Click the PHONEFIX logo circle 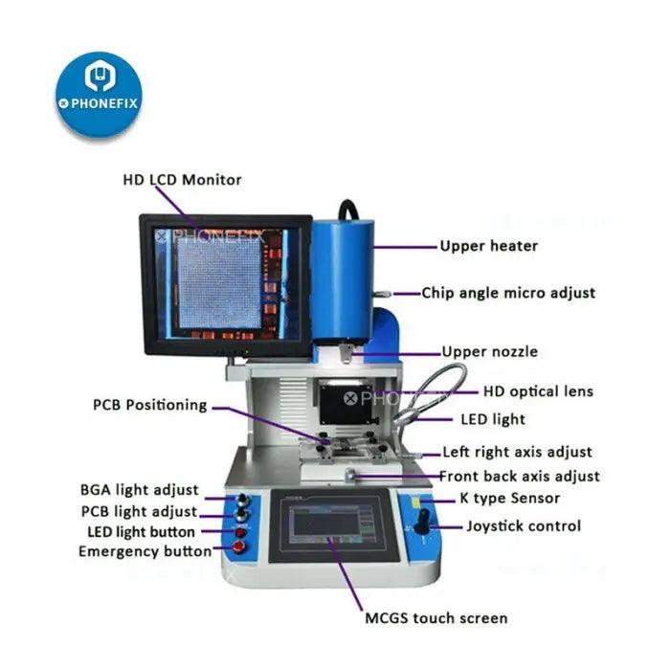click(x=99, y=95)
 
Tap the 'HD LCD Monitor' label click(x=182, y=179)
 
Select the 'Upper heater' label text click(x=488, y=246)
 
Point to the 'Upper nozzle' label click(x=489, y=351)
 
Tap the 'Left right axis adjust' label click(x=517, y=452)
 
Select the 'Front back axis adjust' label click(x=519, y=476)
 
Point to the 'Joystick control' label click(x=523, y=525)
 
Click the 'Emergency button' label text click(x=145, y=551)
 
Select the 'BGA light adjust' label click(x=140, y=491)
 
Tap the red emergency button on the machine click(x=238, y=548)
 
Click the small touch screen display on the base click(x=330, y=525)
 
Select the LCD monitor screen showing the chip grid click(x=226, y=284)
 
